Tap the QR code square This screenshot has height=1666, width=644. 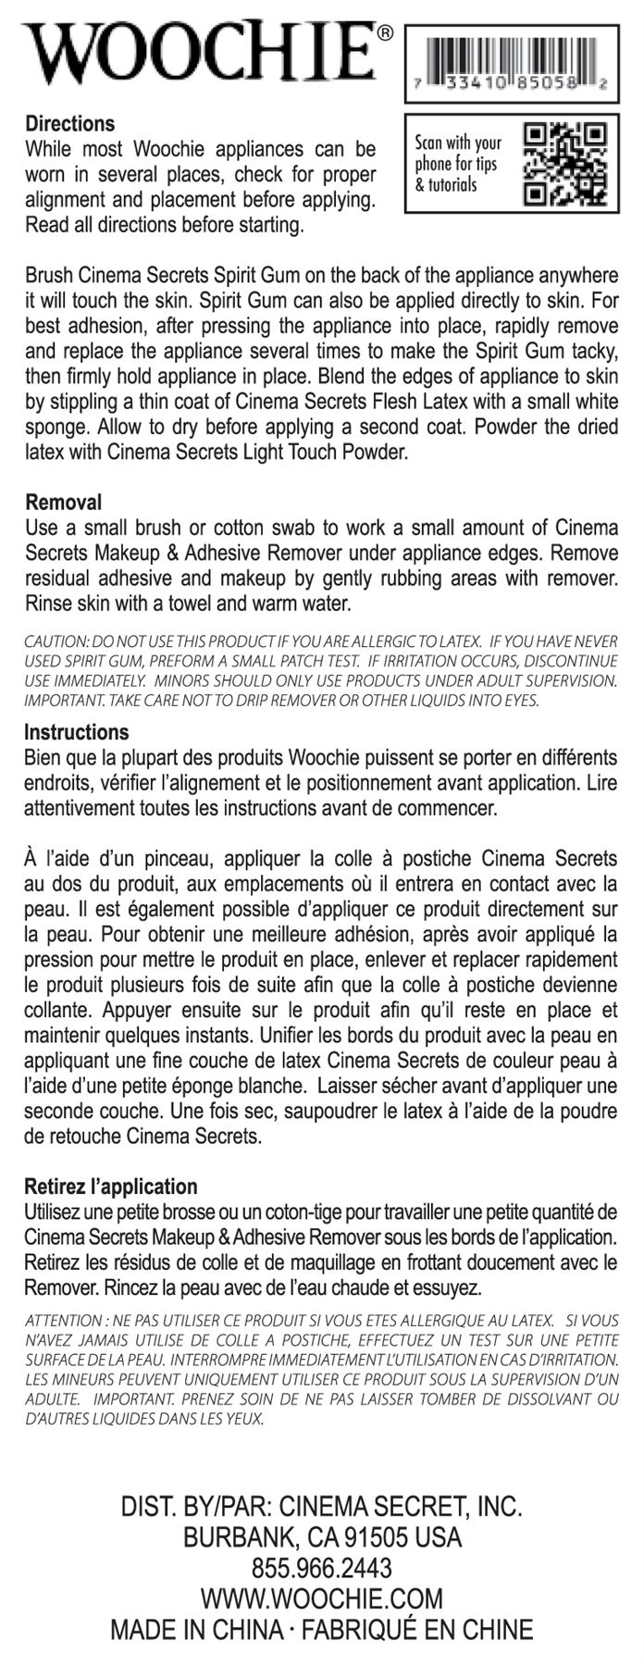pos(564,163)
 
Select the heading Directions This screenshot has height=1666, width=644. pos(70,124)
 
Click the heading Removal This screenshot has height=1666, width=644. pos(63,503)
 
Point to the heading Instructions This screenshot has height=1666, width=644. pos(76,732)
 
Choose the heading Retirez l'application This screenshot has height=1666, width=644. pos(111,1186)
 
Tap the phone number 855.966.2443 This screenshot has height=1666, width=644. pos(322,1568)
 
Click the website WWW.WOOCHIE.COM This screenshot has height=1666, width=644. pos(322,1598)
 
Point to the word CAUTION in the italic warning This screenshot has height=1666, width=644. pos(56,640)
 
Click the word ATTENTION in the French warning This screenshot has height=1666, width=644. pos(63,1320)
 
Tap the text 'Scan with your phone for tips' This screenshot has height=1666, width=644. pos(457,153)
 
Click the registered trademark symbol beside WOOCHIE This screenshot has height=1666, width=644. pos(385,34)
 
